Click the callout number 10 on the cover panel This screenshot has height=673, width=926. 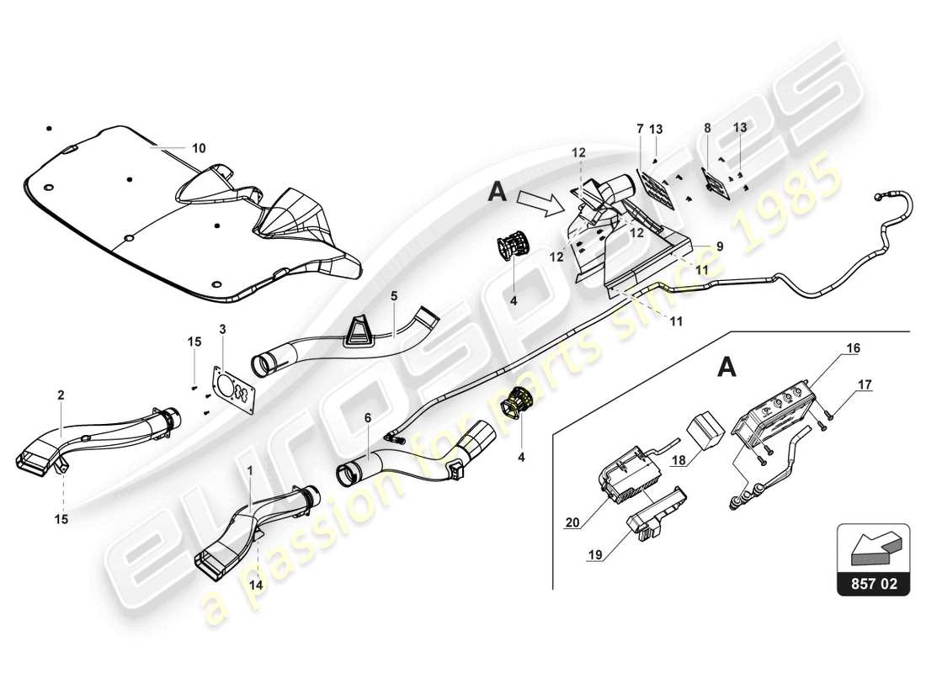click(x=198, y=148)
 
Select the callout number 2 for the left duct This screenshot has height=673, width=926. click(x=61, y=394)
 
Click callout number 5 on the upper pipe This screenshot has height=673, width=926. click(x=393, y=296)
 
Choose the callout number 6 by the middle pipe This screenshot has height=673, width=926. click(x=367, y=417)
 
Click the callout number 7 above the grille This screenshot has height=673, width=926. click(x=640, y=128)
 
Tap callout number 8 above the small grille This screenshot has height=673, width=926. click(x=708, y=128)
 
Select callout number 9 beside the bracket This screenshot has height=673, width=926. click(x=720, y=246)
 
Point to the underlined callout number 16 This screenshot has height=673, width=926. click(x=854, y=347)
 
